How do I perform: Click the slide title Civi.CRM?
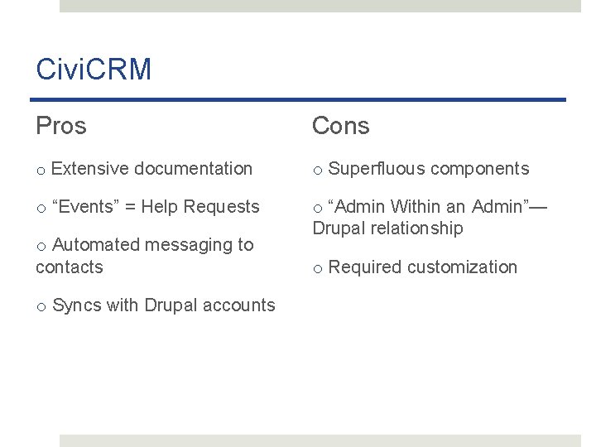click(x=94, y=70)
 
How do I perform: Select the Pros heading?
click(x=61, y=126)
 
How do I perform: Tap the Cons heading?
click(x=340, y=126)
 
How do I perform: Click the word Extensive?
click(x=89, y=169)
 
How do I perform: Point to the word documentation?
click(x=193, y=169)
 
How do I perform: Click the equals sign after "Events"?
click(x=130, y=207)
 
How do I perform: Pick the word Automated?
click(x=94, y=245)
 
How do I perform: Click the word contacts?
click(x=70, y=267)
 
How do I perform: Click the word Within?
click(x=416, y=206)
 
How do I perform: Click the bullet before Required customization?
click(x=318, y=268)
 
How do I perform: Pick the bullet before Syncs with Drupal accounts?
click(x=41, y=306)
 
